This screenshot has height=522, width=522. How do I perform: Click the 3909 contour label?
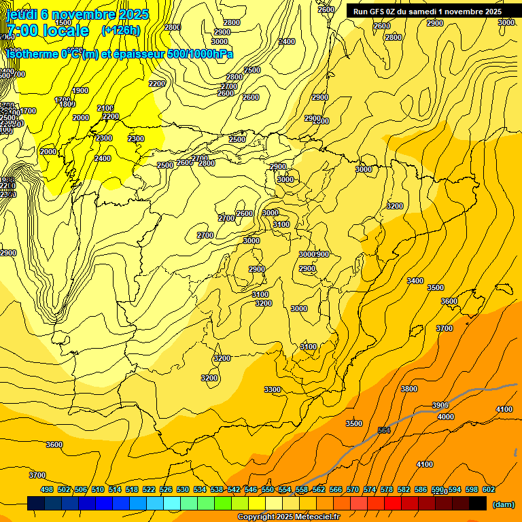440,406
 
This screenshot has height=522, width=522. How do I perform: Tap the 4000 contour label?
446,417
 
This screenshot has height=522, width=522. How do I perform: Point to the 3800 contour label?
409,389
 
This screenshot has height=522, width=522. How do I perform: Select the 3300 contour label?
273,389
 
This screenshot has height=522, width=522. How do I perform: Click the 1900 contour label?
80,90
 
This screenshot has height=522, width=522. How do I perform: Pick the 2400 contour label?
103,158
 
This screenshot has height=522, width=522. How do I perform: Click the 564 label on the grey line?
384,430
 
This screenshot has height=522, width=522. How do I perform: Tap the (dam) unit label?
503,504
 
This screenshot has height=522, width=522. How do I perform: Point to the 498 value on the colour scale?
47,489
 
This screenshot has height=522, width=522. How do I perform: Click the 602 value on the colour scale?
489,489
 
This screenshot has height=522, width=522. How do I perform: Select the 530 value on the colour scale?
183,489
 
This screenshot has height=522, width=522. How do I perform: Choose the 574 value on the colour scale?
370,489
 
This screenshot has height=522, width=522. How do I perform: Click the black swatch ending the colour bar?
478,503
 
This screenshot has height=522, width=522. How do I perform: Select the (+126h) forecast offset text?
120,31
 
